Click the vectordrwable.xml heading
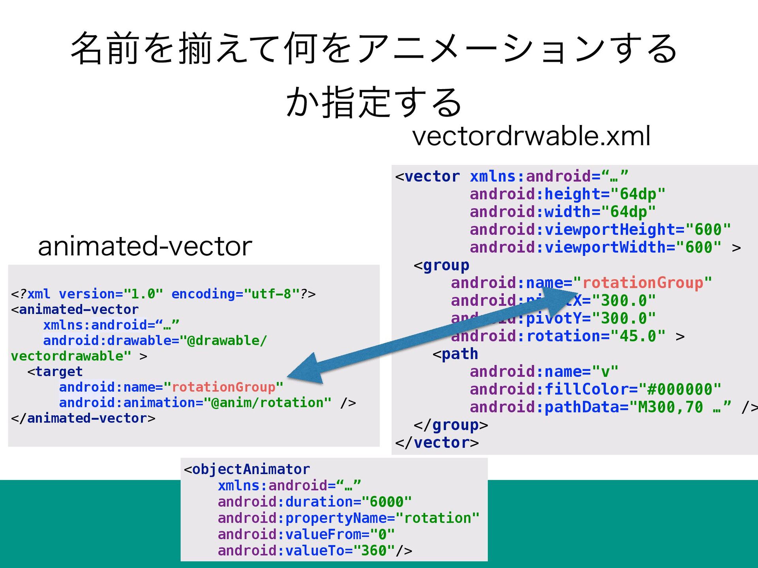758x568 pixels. [x=531, y=136]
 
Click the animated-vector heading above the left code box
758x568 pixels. [x=145, y=247]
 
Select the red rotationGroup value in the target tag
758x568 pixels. [x=223, y=387]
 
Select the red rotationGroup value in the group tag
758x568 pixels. [x=642, y=283]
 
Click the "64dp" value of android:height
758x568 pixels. [x=638, y=194]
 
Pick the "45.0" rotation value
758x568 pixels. [x=638, y=336]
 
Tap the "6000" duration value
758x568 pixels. [x=387, y=502]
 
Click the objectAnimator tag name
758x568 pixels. [x=251, y=469]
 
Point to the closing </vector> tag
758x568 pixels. [x=437, y=443]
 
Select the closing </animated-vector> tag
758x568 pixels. [x=83, y=418]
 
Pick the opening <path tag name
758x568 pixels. [x=459, y=354]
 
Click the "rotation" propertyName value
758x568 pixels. [x=437, y=518]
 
